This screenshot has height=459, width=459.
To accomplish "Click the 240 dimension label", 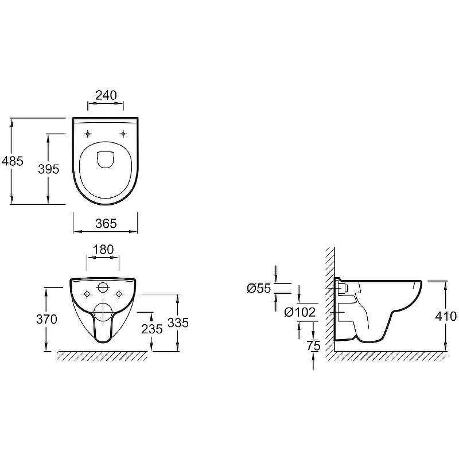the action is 106,95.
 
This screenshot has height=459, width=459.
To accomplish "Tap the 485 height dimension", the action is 12,161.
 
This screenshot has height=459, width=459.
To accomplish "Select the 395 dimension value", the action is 49,169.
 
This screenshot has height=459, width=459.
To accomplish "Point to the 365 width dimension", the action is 106,223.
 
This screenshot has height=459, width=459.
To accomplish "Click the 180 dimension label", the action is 103,250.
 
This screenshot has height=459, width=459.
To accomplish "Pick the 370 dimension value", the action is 46,319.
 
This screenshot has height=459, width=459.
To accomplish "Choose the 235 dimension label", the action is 152,329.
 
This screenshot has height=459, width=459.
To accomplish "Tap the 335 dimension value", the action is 178,322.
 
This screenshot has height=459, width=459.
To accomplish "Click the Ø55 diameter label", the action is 259,289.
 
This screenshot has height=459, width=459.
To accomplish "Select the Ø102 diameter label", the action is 299,312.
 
